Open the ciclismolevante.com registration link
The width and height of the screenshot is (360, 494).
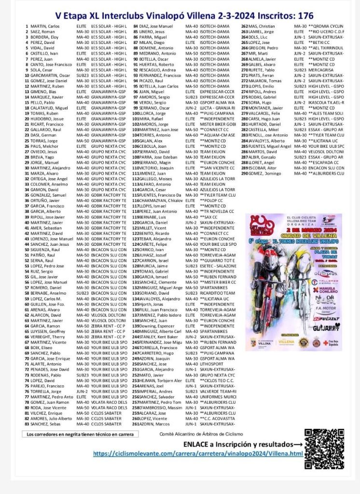click(x=198, y=454)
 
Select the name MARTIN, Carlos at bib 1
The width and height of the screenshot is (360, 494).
click(x=45, y=26)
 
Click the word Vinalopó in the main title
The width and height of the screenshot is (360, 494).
click(x=157, y=15)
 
